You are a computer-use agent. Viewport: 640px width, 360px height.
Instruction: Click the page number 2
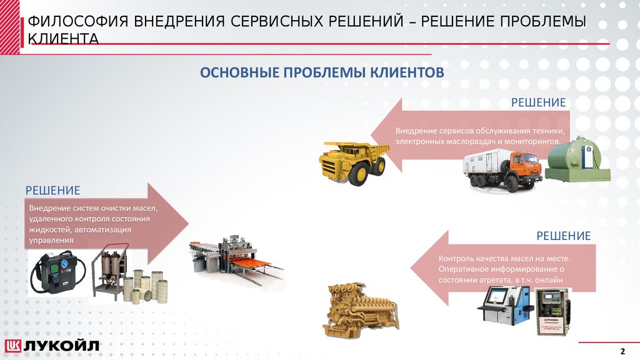pyautogui.click(x=622, y=349)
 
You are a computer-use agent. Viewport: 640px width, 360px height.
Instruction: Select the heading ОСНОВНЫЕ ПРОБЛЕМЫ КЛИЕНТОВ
pyautogui.click(x=322, y=73)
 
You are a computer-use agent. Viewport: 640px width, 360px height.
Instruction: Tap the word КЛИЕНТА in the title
pyautogui.click(x=63, y=39)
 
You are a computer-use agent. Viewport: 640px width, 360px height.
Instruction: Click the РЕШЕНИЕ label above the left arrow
pyautogui.click(x=52, y=190)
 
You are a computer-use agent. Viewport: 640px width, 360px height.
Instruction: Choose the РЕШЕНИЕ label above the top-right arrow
pyautogui.click(x=539, y=102)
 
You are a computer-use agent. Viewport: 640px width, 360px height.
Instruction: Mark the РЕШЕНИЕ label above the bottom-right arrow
pyautogui.click(x=563, y=236)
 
